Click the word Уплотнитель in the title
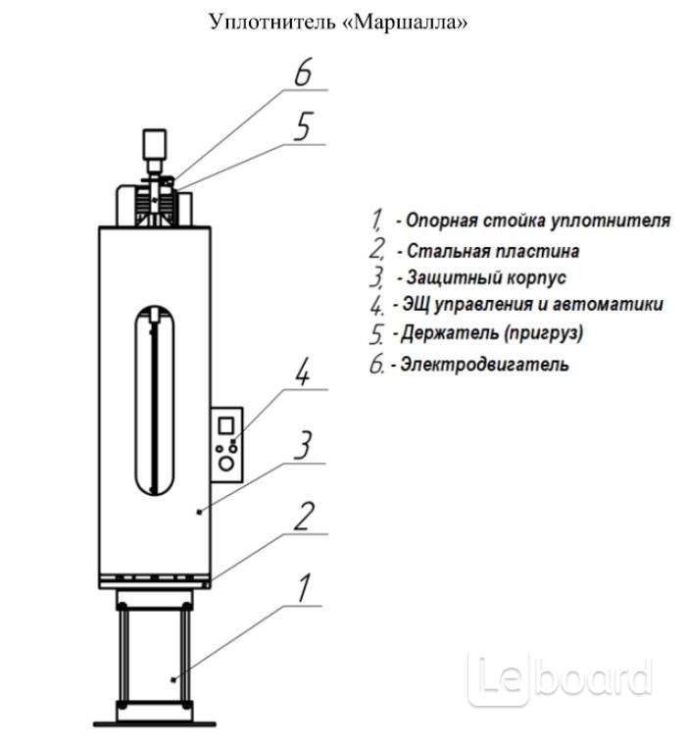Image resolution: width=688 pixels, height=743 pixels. click(272, 23)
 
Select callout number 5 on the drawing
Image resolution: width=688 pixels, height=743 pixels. click(303, 126)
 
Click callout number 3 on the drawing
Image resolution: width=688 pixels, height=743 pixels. click(303, 445)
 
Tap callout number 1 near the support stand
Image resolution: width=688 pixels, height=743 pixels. click(304, 587)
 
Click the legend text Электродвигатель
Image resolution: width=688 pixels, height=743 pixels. click(484, 365)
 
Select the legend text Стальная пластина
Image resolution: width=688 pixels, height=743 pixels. click(493, 251)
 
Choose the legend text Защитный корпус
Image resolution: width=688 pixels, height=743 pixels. click(486, 277)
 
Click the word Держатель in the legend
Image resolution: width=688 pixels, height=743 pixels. click(448, 333)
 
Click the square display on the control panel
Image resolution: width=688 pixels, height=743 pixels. click(226, 425)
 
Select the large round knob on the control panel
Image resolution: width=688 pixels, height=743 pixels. click(226, 463)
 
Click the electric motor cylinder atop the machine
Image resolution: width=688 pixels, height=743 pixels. click(155, 144)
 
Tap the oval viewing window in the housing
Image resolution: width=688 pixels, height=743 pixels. click(155, 400)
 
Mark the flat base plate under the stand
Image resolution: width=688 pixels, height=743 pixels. click(155, 724)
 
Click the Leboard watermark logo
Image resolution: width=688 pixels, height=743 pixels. click(560, 679)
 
